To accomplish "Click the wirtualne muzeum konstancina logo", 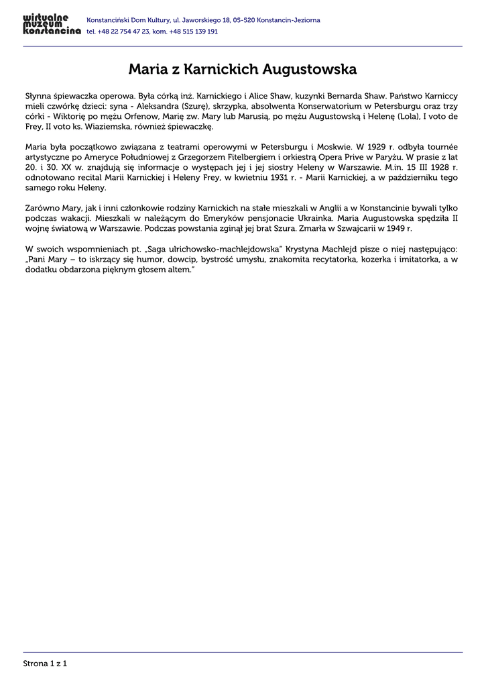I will coord(51,25).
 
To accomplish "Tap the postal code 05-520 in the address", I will coord(245,20).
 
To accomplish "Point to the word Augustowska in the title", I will coord(310,69).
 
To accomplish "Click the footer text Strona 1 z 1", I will coord(46,664).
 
